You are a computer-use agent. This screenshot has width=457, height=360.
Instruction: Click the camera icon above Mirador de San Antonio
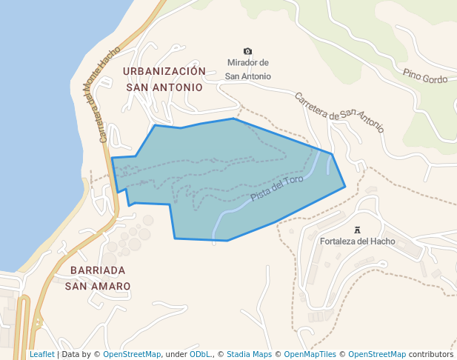tap(247, 51)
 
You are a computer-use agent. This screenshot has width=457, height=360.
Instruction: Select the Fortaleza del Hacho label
tap(357, 241)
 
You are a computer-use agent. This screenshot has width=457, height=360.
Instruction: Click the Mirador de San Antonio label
tap(248, 70)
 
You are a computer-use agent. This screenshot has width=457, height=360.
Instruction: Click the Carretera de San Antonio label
tap(339, 112)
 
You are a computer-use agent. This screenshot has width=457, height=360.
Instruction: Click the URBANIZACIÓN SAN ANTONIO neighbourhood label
tap(164, 79)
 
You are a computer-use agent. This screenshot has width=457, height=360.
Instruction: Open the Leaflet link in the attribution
tap(41, 355)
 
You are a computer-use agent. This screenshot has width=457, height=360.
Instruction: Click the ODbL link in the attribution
tap(200, 355)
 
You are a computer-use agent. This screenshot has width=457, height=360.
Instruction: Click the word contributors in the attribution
tap(430, 355)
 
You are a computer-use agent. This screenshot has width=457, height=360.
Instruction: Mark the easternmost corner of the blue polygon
tap(345, 187)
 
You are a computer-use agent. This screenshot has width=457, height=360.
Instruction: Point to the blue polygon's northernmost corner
tap(233, 119)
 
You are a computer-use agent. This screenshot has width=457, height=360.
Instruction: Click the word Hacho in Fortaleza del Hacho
tap(383, 241)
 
